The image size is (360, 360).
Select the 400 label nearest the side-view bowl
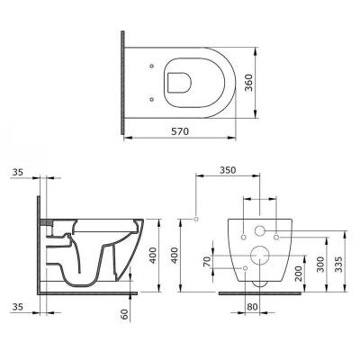153,256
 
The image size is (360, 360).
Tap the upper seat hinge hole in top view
151,64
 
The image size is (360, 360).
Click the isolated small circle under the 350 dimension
195,219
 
